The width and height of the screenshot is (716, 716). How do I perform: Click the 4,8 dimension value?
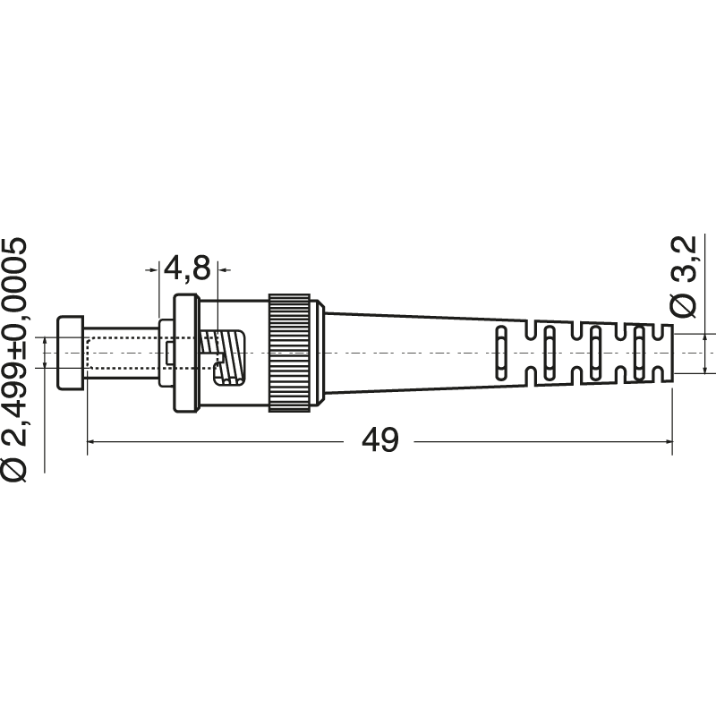pyautogui.click(x=187, y=267)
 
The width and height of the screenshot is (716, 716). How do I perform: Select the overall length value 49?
pyautogui.click(x=380, y=440)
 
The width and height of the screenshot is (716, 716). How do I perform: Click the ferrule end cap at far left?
pyautogui.click(x=71, y=353)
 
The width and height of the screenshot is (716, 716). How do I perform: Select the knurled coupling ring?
pyautogui.click(x=290, y=353)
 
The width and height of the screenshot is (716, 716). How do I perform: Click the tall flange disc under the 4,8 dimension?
pyautogui.click(x=186, y=353)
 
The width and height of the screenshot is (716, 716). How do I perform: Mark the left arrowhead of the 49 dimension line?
pyautogui.click(x=93, y=441)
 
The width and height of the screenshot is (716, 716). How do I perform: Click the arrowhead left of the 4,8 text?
pyautogui.click(x=153, y=267)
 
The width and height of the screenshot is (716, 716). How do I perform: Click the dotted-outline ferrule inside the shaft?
pyautogui.click(x=125, y=352)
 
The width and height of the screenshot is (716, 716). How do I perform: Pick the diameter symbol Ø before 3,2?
pyautogui.click(x=683, y=305)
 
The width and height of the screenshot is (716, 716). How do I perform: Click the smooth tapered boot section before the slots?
pyautogui.click(x=403, y=352)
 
